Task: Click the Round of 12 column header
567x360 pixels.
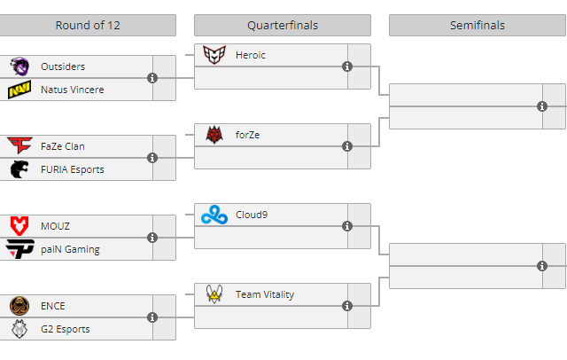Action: point(88,25)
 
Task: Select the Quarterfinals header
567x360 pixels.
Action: point(283,25)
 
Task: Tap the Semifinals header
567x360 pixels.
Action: point(477,25)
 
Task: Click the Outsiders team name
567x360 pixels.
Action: point(63,67)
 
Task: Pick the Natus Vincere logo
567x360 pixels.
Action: point(19,90)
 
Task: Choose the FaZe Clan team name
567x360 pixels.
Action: point(63,146)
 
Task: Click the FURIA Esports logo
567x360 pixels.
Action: point(19,169)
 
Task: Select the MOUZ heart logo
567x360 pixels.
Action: point(19,226)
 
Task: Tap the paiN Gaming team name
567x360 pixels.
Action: point(70,249)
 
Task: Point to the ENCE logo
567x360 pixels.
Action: point(19,306)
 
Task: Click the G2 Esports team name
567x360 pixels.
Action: point(66,329)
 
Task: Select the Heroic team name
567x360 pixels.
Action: point(251,55)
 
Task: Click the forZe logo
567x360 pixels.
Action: point(214,135)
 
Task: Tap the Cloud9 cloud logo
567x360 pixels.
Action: point(214,215)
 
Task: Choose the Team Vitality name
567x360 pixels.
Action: point(265,294)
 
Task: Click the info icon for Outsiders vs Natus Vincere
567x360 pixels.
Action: point(152,78)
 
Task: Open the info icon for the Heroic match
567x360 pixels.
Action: point(347,67)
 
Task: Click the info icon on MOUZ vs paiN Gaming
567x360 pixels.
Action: point(152,238)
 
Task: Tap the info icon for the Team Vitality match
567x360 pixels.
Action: point(347,306)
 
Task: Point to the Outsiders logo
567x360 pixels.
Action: point(19,67)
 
